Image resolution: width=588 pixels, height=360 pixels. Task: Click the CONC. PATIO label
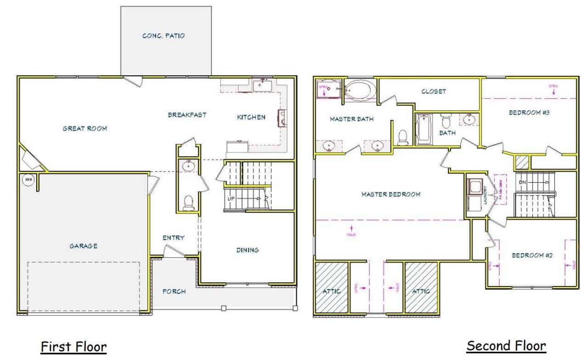164,35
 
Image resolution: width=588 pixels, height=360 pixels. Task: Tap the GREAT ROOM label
85,129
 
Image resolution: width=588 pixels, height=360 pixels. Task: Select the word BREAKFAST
187,115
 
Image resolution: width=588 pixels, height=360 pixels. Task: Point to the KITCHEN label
251,117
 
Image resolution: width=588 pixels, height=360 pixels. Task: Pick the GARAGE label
83,246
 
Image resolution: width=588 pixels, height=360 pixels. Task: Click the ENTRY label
173,237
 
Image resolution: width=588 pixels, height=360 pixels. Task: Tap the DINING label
247,250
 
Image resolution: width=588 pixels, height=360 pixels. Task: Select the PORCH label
174,291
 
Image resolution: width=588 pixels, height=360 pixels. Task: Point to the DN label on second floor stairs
522,182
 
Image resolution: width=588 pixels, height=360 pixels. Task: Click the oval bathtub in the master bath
360,90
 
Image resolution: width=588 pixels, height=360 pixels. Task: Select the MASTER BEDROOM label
390,194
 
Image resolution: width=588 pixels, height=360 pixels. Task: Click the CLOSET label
434,91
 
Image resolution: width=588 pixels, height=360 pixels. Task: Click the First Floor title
73,347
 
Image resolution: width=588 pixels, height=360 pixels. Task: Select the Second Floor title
506,345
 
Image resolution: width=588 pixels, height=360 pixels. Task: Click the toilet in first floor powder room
188,203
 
